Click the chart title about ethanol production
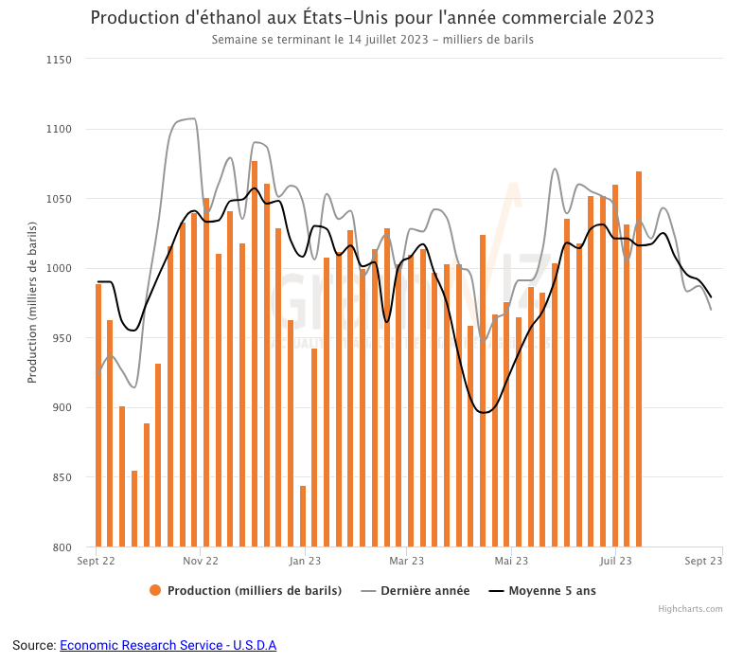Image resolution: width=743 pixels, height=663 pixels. (372, 18)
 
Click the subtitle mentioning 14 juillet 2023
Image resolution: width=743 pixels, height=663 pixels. (372, 40)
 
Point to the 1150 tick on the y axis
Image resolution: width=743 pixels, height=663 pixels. (59, 60)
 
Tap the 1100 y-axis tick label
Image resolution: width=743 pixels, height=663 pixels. (59, 129)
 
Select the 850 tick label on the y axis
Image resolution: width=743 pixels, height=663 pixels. (62, 477)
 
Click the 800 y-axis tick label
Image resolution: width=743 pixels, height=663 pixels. (62, 547)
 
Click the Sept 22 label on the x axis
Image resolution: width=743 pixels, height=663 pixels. (96, 561)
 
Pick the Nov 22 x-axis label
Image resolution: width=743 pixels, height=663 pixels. (200, 561)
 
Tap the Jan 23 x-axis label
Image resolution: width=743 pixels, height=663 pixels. (304, 561)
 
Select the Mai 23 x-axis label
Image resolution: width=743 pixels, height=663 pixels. (511, 561)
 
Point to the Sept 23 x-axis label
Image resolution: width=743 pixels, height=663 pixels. (703, 561)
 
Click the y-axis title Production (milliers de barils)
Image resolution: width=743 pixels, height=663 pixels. (32, 302)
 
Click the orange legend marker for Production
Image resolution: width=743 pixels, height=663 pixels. (155, 591)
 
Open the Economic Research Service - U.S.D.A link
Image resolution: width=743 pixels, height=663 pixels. (168, 645)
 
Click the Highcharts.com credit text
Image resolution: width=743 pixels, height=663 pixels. (690, 609)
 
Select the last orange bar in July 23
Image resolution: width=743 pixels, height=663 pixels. (639, 359)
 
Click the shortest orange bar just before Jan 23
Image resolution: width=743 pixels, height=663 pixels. (303, 516)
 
